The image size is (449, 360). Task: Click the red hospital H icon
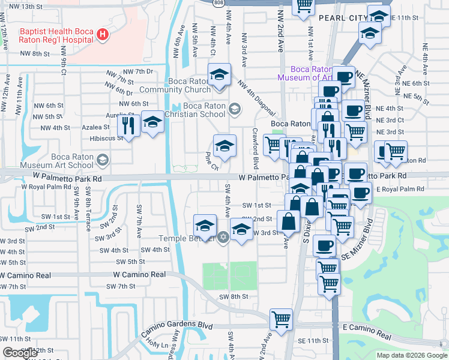102,35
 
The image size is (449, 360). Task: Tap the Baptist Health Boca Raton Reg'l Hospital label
57,35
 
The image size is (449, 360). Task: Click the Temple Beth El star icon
223,238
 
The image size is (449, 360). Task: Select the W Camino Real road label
139,274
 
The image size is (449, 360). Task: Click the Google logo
20,353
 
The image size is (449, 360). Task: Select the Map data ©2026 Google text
412,355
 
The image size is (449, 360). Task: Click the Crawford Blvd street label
255,148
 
